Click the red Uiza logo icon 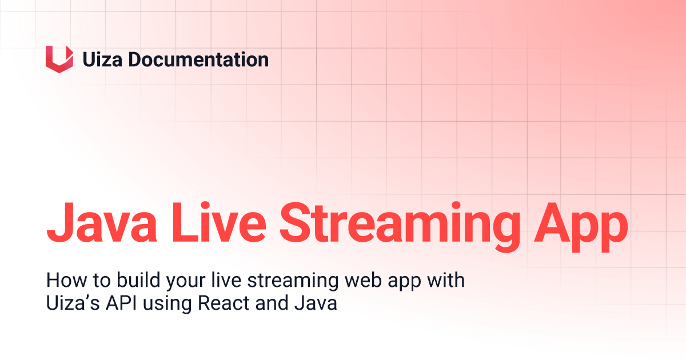(59, 59)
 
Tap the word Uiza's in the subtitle (68, 303)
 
